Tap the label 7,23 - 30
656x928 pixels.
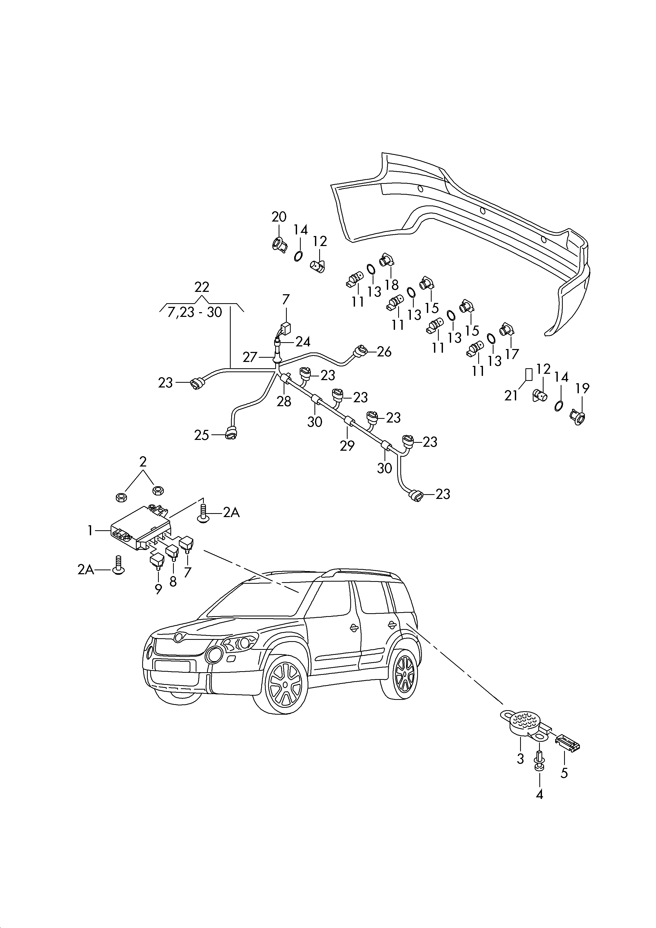coord(195,312)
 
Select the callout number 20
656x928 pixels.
coord(279,217)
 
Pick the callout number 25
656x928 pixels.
coord(202,435)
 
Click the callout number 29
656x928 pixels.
coord(347,445)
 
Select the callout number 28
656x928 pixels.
coord(284,401)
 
